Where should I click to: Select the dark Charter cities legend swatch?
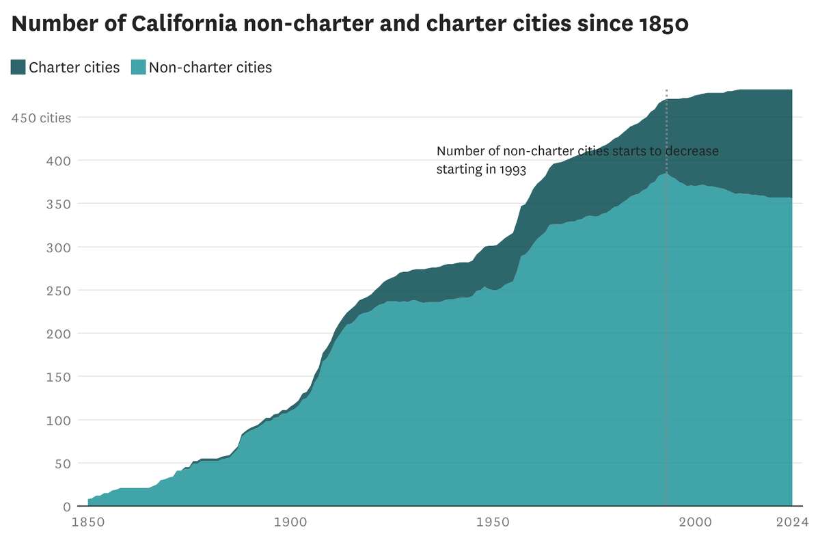(18, 67)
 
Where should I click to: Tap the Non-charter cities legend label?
(210, 67)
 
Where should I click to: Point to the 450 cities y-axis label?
(41, 118)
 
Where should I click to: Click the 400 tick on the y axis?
(58, 161)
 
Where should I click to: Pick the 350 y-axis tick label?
(58, 204)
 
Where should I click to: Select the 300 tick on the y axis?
(58, 247)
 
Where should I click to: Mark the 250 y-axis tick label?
(58, 290)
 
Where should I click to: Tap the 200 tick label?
(58, 334)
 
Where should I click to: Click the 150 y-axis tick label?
(58, 377)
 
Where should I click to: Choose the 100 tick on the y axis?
(58, 420)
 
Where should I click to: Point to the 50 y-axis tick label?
(62, 463)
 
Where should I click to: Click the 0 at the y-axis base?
(67, 507)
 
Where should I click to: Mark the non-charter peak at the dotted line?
(666, 174)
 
